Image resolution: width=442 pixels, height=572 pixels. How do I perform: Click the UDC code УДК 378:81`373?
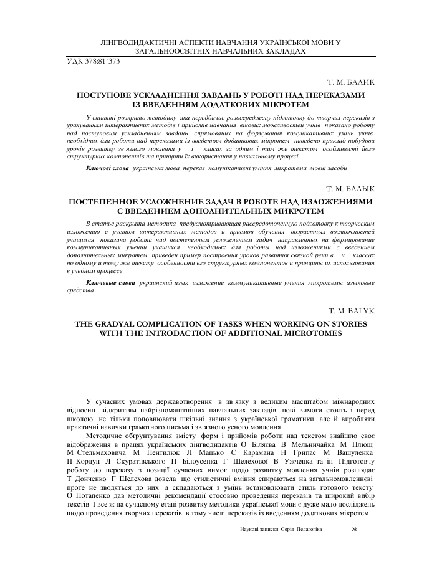coord(93,61)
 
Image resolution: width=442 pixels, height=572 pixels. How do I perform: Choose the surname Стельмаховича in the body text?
coord(102,451)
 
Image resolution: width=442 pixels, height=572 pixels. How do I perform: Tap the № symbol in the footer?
coord(354,528)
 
